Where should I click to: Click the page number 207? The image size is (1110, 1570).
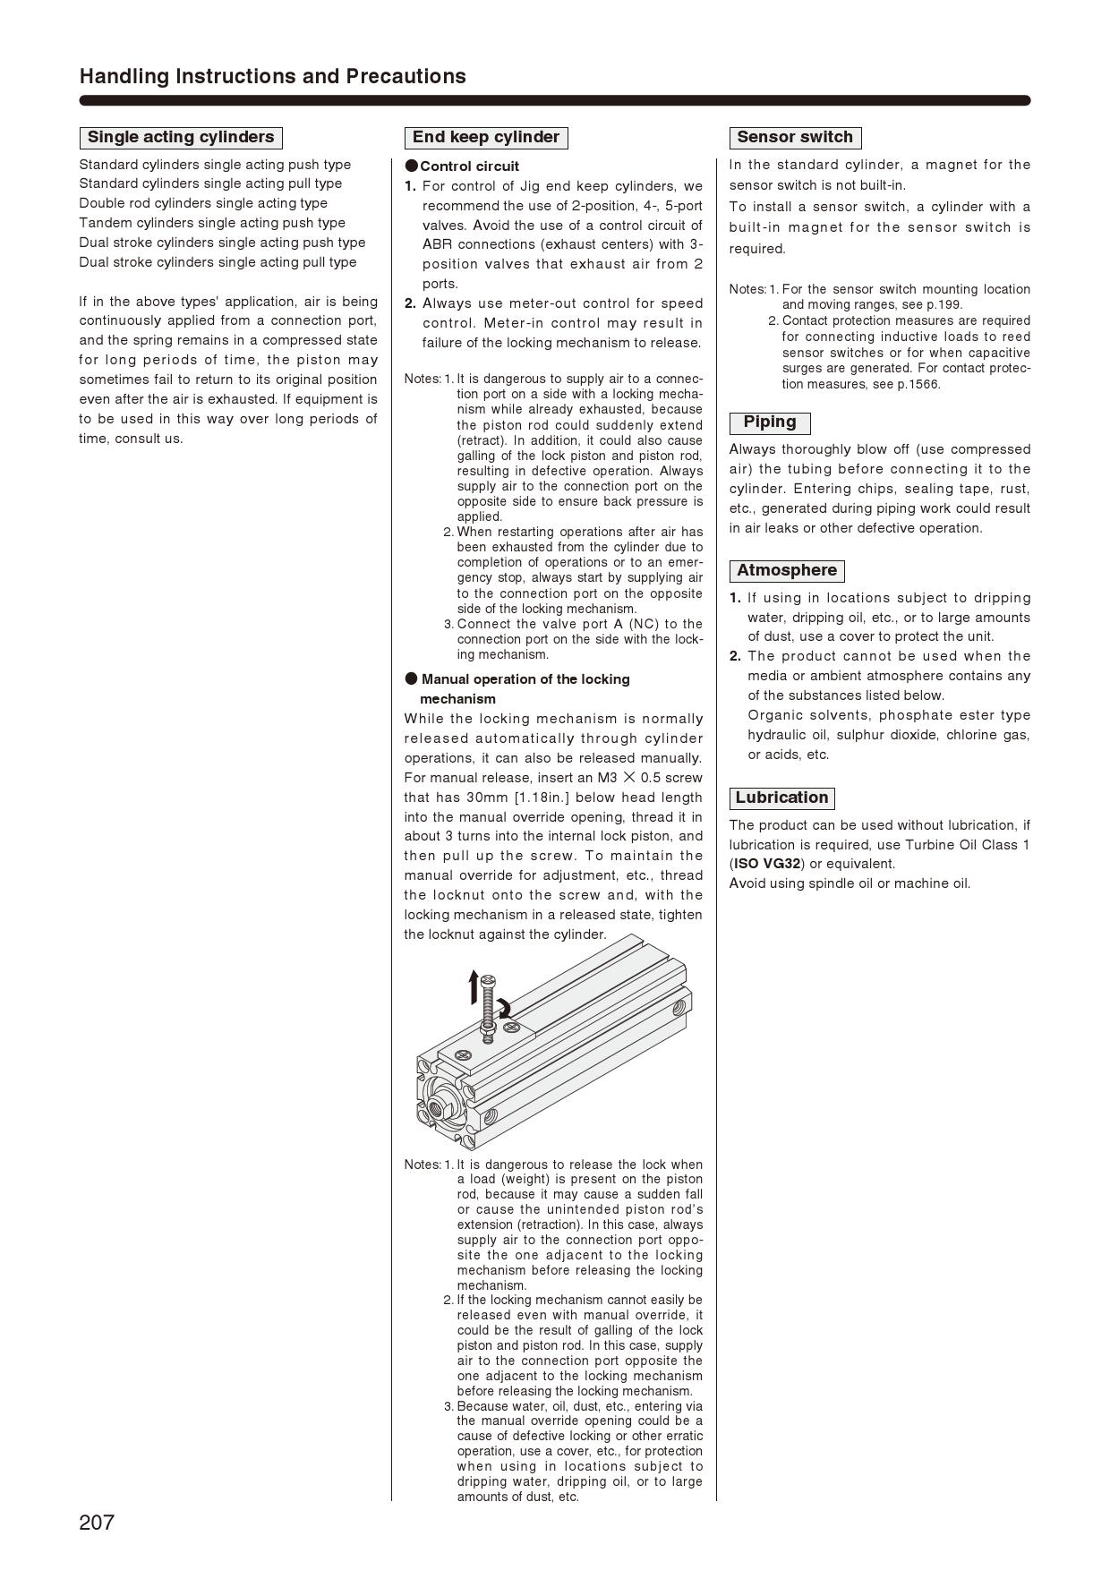coord(97,1523)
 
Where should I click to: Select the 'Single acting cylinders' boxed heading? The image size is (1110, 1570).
coord(181,138)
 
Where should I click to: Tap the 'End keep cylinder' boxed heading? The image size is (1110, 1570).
coord(486,138)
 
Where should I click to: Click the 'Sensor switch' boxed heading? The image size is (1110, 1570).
coord(795,138)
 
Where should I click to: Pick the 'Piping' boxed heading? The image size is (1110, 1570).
coord(770,422)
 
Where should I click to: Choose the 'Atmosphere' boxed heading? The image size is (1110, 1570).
coord(787,571)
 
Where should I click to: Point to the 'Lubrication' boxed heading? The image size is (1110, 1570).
coord(782,798)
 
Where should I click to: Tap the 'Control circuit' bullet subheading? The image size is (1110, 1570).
coord(469,166)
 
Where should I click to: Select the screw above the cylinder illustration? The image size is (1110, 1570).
coord(488,1007)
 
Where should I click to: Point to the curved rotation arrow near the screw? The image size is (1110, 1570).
coord(505,1008)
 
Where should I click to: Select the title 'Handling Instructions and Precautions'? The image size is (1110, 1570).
coord(273,77)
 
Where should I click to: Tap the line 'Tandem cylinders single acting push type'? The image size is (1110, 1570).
coord(212,223)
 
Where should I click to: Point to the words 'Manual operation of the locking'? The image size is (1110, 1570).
coord(525,679)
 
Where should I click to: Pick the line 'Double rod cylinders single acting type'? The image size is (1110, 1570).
coord(203,203)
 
